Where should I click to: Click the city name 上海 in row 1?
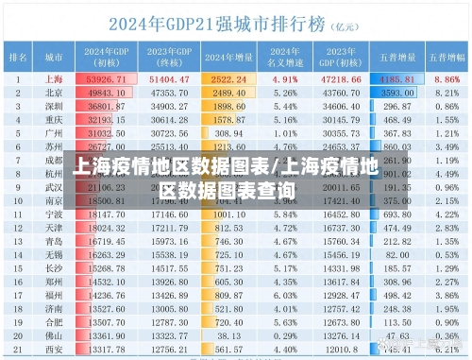click(54, 80)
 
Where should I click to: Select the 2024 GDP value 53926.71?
click(107, 80)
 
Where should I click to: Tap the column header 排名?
click(18, 58)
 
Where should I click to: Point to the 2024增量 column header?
click(230, 58)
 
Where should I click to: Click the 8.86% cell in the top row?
click(447, 80)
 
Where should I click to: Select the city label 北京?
click(54, 94)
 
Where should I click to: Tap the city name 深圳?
click(54, 107)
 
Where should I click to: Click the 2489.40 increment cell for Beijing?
click(230, 94)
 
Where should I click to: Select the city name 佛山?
click(54, 334)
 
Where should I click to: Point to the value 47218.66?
click(342, 80)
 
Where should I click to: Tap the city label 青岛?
click(54, 241)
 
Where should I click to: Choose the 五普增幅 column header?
click(447, 58)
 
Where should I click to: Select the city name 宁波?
click(54, 214)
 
